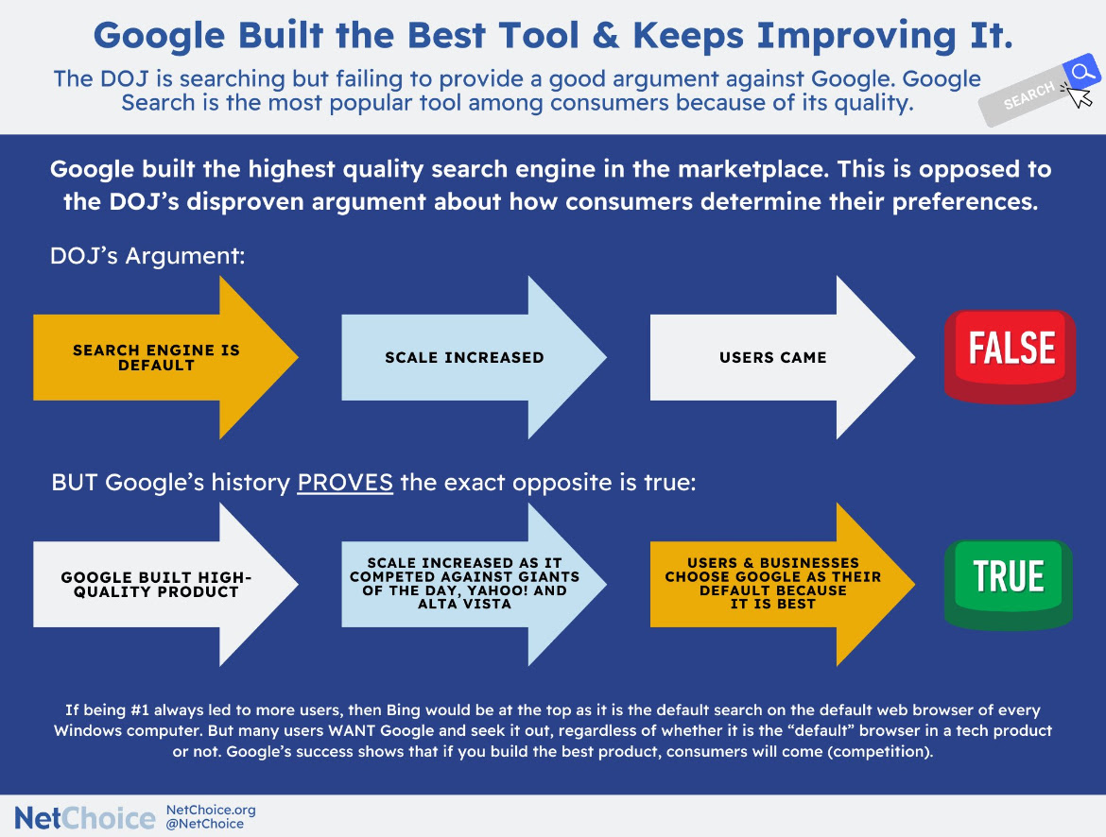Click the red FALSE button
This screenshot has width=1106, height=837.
(x=1011, y=356)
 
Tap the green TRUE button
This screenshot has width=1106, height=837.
(x=1009, y=585)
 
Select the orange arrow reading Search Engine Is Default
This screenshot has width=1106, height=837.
(x=165, y=357)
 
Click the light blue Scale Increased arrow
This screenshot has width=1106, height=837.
(x=474, y=357)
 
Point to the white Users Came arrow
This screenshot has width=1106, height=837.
(x=783, y=357)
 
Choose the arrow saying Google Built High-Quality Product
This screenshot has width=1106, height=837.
(x=165, y=585)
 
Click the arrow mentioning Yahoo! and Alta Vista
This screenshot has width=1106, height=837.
(x=474, y=585)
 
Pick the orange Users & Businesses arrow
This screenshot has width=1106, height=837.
(x=783, y=585)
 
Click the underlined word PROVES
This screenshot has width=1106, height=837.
(x=345, y=483)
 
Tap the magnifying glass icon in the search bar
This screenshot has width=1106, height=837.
(x=1081, y=72)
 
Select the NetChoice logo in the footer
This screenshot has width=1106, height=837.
(x=85, y=818)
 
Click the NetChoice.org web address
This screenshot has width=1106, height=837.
(x=211, y=810)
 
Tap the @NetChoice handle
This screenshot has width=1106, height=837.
(x=205, y=824)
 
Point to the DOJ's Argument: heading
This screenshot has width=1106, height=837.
(x=147, y=255)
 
